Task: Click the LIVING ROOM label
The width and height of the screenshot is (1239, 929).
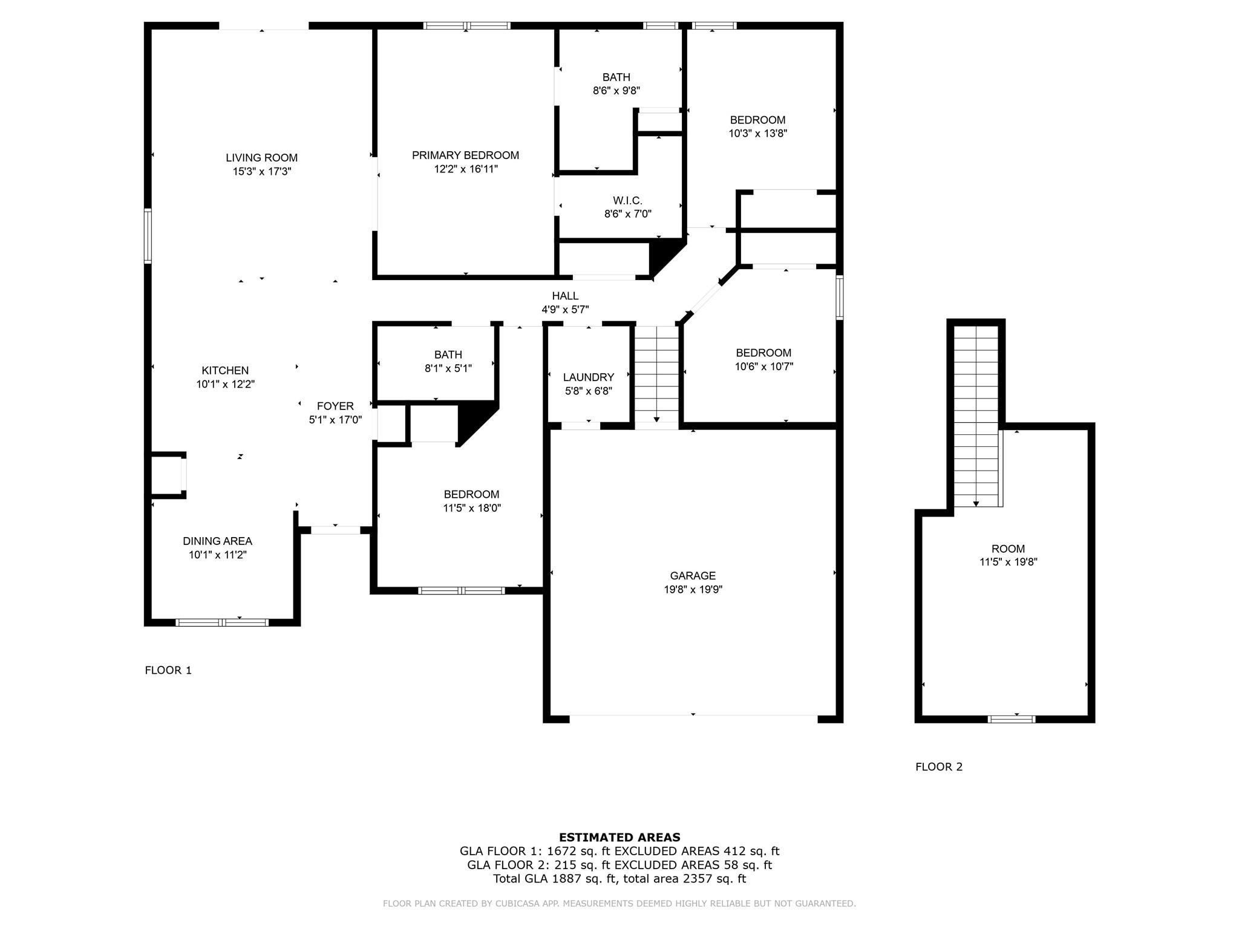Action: [x=261, y=158]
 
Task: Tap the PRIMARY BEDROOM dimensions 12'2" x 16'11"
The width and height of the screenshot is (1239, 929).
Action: [x=465, y=169]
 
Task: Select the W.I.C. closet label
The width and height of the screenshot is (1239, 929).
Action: [x=627, y=200]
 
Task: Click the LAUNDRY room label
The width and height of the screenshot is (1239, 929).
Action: [x=588, y=377]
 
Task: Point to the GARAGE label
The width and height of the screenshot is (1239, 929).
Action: [x=693, y=576]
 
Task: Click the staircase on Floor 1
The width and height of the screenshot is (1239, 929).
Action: [x=656, y=375]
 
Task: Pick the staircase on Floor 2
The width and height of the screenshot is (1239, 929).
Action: [x=975, y=417]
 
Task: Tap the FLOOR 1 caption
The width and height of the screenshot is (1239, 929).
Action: [x=168, y=670]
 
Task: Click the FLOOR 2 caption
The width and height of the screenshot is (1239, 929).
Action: [x=938, y=767]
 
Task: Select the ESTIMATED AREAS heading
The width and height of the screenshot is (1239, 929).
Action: [x=619, y=838]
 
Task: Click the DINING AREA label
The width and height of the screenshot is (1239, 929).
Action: [x=217, y=541]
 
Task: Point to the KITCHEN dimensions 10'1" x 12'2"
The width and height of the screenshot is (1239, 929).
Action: [x=225, y=384]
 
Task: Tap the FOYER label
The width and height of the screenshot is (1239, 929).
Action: [x=335, y=406]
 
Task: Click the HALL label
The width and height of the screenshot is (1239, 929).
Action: [x=565, y=296]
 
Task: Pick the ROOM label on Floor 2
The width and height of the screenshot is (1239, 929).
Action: [x=1008, y=549]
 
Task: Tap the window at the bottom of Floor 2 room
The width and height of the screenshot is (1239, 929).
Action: [x=1011, y=719]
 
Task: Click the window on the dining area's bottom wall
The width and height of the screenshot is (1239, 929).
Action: [x=222, y=622]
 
